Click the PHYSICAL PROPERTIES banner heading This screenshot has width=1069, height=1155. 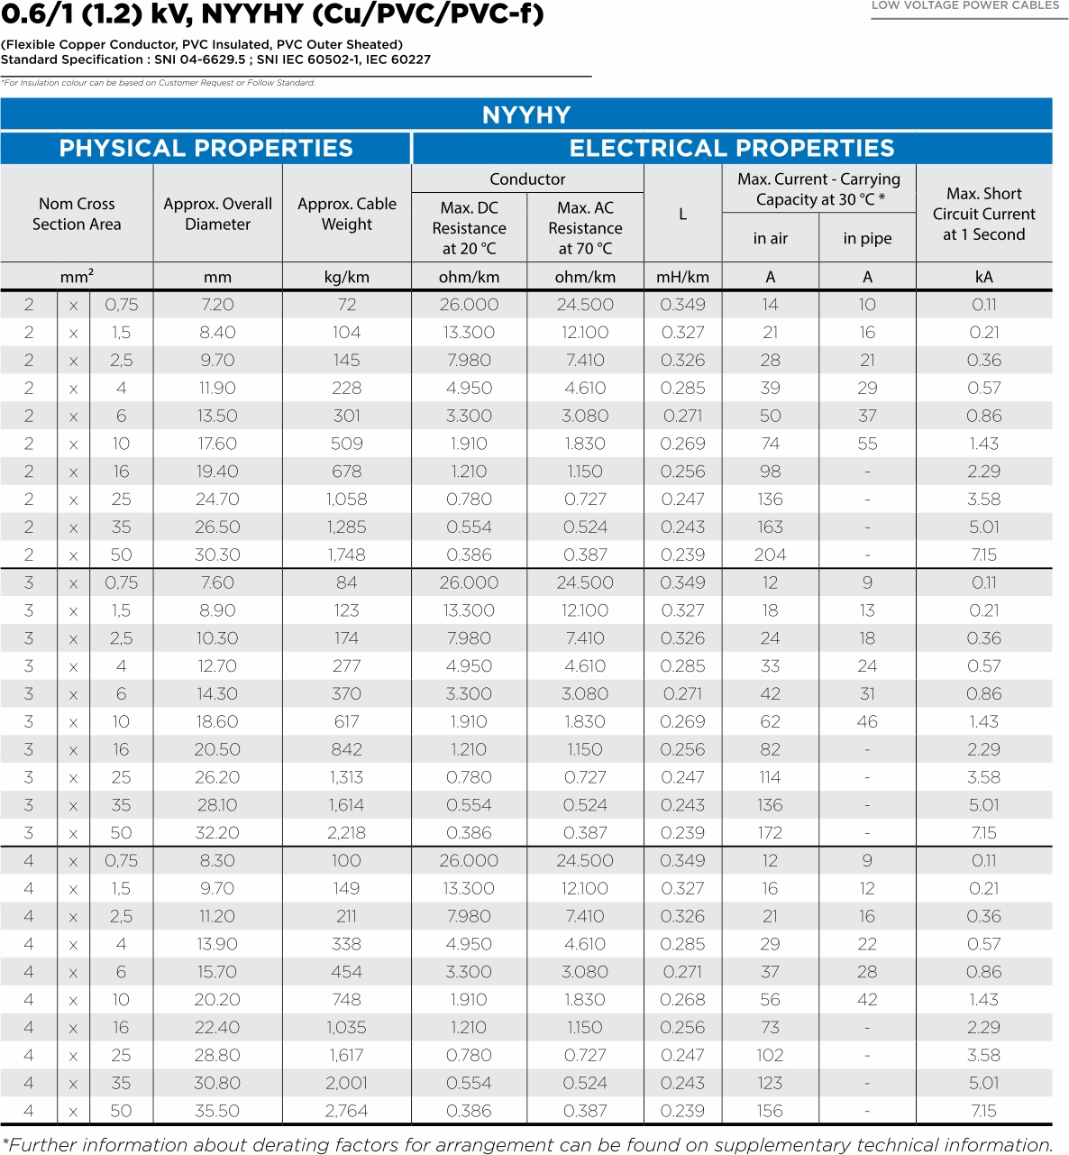click(206, 148)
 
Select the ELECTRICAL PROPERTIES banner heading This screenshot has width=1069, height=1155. click(731, 148)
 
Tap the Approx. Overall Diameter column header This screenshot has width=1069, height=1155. click(217, 214)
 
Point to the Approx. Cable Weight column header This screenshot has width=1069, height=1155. click(347, 214)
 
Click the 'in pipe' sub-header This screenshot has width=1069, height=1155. click(867, 238)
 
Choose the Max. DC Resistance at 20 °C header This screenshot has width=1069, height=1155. click(469, 228)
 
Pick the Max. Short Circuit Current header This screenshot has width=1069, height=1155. click(983, 214)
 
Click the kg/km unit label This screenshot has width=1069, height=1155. click(347, 277)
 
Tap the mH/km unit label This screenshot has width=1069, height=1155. click(682, 277)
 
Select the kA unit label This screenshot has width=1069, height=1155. click(983, 277)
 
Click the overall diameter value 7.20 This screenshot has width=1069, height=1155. click(217, 305)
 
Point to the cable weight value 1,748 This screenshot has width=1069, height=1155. click(347, 555)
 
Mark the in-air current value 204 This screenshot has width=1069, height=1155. click(770, 555)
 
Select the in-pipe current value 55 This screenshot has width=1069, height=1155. click(867, 444)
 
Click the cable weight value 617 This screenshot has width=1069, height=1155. click(347, 721)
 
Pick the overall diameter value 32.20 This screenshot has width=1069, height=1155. click(217, 832)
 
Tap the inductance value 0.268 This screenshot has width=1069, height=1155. click(682, 999)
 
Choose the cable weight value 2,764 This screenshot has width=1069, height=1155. click(347, 1111)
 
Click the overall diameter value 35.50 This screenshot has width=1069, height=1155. click(217, 1111)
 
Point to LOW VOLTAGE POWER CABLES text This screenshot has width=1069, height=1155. click(964, 5)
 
